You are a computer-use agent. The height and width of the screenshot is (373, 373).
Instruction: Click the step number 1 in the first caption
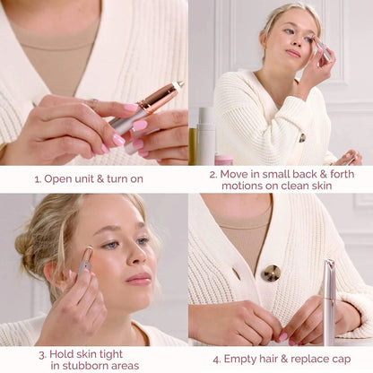pyautogui.click(x=38, y=178)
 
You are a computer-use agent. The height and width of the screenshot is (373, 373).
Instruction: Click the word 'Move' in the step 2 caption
pyautogui.click(x=236, y=173)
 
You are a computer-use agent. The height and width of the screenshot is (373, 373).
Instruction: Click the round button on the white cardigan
pyautogui.click(x=271, y=273)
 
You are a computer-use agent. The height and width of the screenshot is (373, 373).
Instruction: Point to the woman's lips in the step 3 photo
pyautogui.click(x=138, y=278)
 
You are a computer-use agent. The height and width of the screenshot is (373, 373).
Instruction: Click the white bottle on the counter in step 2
pyautogui.click(x=205, y=134)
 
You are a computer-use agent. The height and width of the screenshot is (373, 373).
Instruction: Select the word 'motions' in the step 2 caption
pyautogui.click(x=236, y=186)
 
